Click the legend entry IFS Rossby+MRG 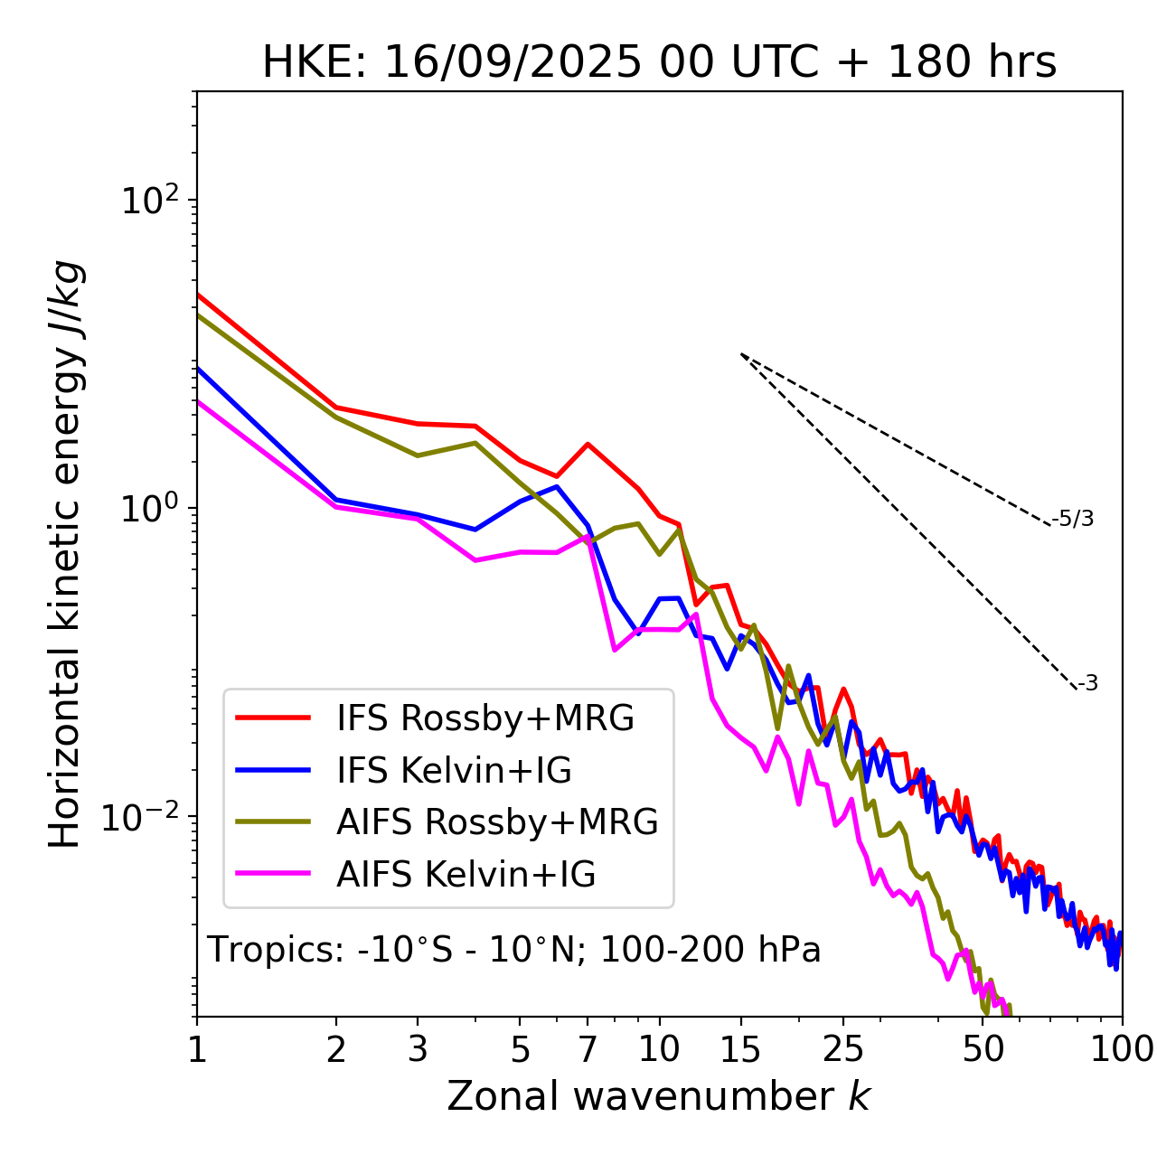(484, 718)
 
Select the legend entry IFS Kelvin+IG (454, 771)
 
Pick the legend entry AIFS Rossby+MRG (497, 822)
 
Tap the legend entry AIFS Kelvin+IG (466, 875)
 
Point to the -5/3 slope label (1073, 519)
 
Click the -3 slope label (1087, 684)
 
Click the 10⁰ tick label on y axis (147, 508)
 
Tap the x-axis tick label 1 (197, 1049)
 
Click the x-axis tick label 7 (588, 1049)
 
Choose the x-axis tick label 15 (741, 1049)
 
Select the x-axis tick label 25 (843, 1049)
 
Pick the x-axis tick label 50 (983, 1049)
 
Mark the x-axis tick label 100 (1122, 1049)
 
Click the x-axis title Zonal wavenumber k (659, 1096)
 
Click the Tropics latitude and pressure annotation (514, 951)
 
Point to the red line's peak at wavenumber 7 (588, 444)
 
